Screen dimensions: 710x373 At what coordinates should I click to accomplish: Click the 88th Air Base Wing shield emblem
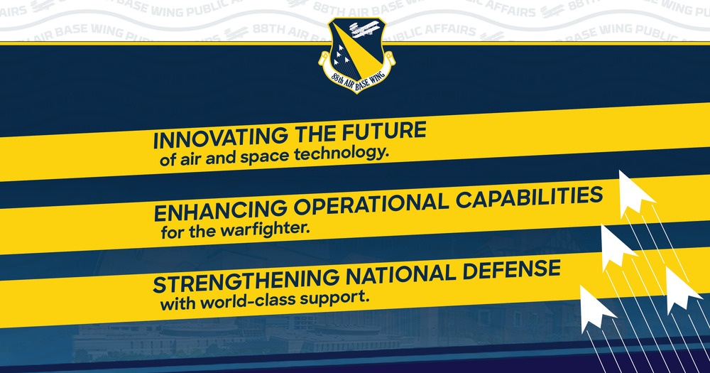point(357,55)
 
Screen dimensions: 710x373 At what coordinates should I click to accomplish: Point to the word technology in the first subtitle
point(342,154)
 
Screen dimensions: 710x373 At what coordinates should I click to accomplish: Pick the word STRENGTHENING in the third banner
point(246,280)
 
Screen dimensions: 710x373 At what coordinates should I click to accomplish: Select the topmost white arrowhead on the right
point(634,193)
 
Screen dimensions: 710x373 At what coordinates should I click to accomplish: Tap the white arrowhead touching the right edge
point(681,290)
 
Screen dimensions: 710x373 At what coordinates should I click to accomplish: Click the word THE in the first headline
point(315,134)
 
